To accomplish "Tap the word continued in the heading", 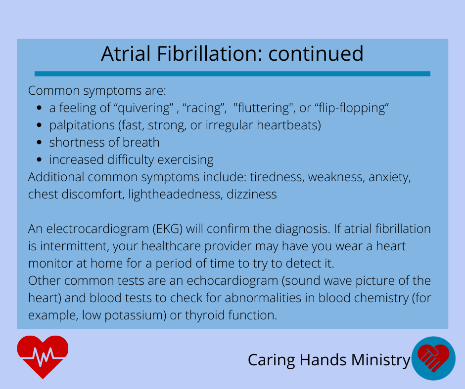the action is click(316, 54).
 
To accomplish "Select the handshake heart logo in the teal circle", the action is click(433, 358).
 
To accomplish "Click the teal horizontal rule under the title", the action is click(232, 74).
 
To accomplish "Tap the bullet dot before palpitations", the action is click(39, 125).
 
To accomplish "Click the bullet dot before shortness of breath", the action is click(39, 142).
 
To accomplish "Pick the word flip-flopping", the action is click(353, 108).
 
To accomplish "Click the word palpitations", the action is click(82, 125).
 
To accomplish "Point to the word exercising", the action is click(186, 160).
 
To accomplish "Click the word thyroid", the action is click(205, 315).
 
